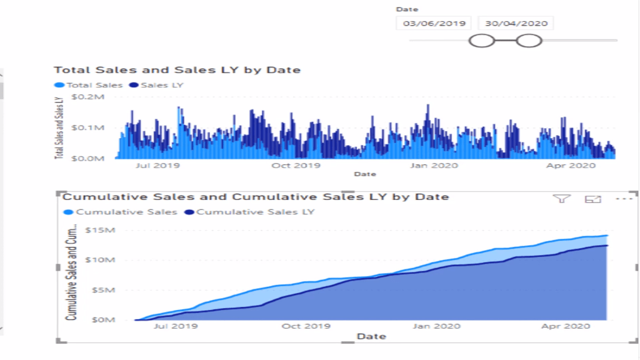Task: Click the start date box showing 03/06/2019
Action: click(434, 23)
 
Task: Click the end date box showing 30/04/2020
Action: click(516, 23)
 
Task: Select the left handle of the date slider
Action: click(482, 41)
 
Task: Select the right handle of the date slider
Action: click(529, 41)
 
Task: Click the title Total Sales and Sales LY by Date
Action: click(177, 70)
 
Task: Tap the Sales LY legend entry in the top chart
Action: click(156, 85)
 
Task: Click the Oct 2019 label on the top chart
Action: click(295, 166)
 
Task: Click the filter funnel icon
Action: click(562, 199)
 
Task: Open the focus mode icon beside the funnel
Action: click(592, 199)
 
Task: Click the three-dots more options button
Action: click(624, 199)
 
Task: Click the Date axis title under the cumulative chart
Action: click(371, 337)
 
